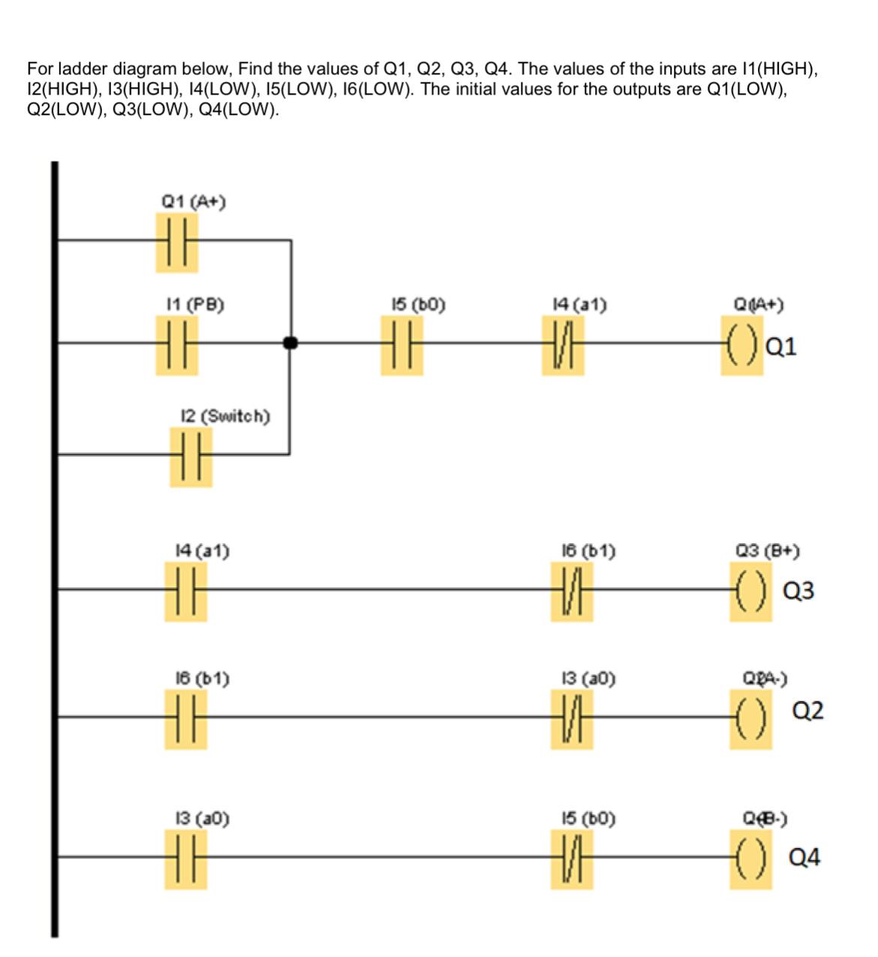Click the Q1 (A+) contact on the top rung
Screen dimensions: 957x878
[x=177, y=242]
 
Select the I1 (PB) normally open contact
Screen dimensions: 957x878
[x=177, y=345]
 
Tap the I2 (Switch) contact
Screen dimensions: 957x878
[x=191, y=456]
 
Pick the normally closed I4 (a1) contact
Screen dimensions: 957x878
[x=563, y=345]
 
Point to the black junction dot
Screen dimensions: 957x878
[x=290, y=344]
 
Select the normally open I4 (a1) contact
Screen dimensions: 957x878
[x=185, y=590]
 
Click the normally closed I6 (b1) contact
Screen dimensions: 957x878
[x=572, y=590]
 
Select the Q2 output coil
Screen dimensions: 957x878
[x=750, y=719]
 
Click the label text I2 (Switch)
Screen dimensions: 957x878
[x=226, y=415]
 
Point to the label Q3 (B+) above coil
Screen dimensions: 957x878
[x=767, y=551]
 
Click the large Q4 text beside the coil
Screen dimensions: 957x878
[x=804, y=857]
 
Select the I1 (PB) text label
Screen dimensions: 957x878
[x=194, y=304]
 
